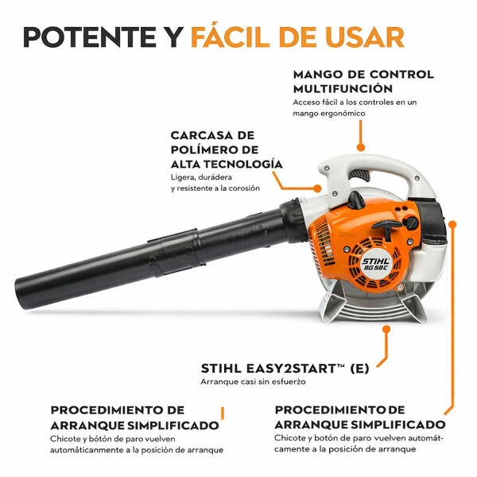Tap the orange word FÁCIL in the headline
click(x=236, y=37)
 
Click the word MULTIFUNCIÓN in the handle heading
click(x=343, y=88)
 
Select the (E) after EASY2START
click(x=361, y=368)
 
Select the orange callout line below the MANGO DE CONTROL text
click(x=360, y=135)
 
